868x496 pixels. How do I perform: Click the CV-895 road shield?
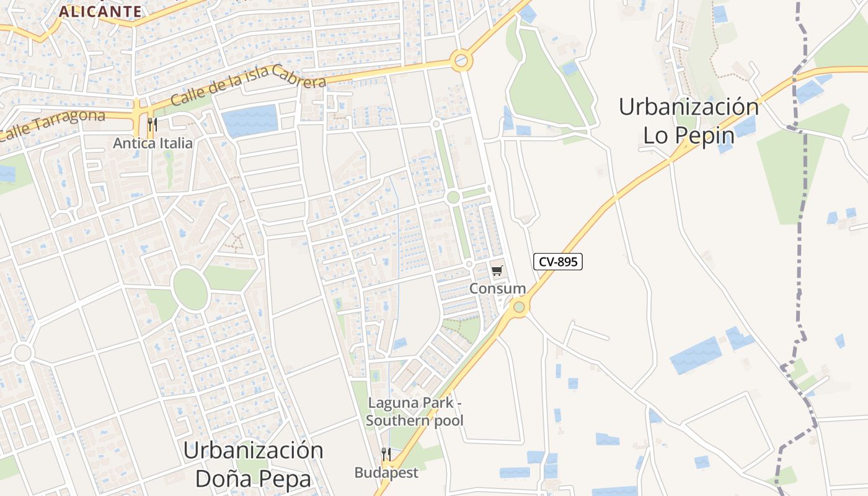pos(558,262)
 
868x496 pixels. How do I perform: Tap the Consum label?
pos(497,288)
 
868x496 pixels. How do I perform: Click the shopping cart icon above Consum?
pos(497,270)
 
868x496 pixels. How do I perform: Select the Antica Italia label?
pos(153,143)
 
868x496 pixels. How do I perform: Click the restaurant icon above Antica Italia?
pos(153,125)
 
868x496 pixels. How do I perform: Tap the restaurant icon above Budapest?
pos(386,454)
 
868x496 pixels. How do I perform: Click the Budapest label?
pos(386,472)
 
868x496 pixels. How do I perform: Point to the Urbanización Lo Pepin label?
pos(688,121)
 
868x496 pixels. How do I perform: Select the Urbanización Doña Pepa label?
pos(253,464)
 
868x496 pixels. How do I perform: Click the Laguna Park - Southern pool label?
pos(415,411)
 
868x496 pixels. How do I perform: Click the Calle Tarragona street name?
pos(53,124)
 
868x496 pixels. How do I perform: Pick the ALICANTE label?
pos(100,11)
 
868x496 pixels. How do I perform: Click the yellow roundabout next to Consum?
pos(519,306)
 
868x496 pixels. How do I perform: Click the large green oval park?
pos(190,289)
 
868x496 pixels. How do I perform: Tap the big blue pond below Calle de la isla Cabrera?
pos(250,121)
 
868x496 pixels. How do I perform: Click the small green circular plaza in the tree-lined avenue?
pos(453,197)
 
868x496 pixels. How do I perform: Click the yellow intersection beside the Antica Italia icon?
pos(137,115)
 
